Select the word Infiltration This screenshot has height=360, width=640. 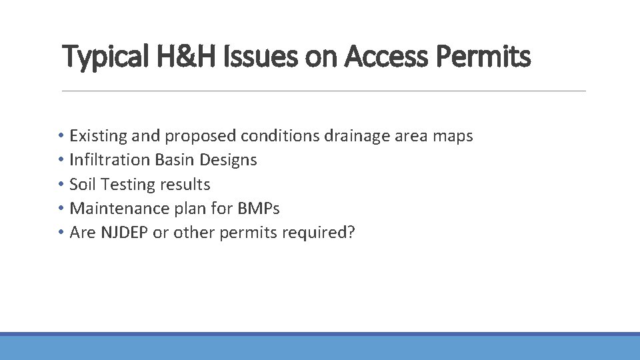tap(110, 160)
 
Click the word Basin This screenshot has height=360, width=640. tap(175, 160)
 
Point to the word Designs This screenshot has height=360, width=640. tap(229, 161)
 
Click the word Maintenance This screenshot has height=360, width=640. tap(117, 208)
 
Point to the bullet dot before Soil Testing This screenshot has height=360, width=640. tap(61, 185)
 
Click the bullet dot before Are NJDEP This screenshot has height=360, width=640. tap(61, 233)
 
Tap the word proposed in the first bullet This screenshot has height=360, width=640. tap(201, 137)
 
